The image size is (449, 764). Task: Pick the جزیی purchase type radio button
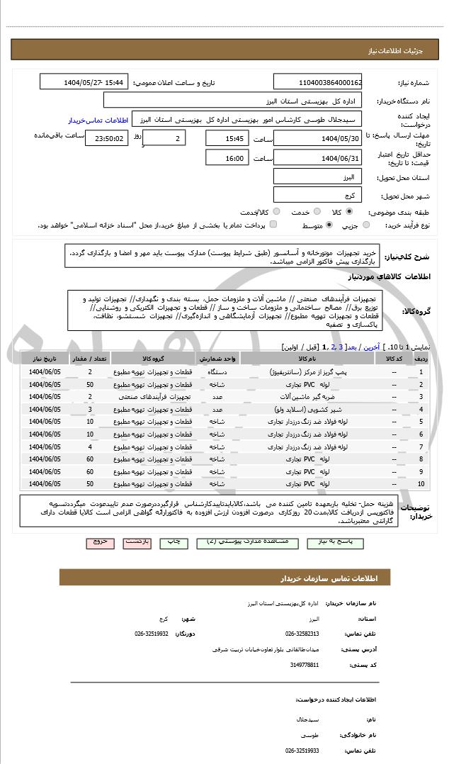tap(366, 225)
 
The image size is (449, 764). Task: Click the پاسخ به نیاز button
tap(336, 541)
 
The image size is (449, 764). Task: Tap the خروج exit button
tap(100, 541)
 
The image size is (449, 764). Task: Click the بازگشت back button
tap(138, 541)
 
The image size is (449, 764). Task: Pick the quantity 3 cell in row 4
tap(90, 410)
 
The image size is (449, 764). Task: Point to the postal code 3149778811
tap(305, 665)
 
